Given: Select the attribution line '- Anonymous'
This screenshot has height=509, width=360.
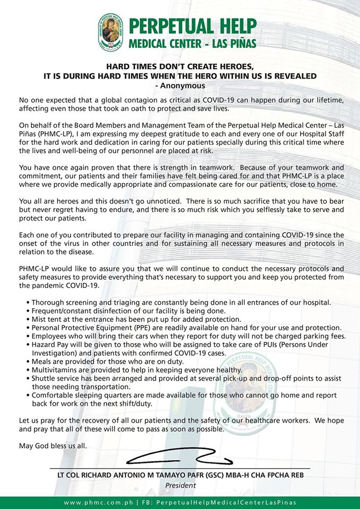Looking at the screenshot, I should coord(180,85).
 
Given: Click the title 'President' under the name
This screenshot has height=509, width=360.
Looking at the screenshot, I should coord(181,485).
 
